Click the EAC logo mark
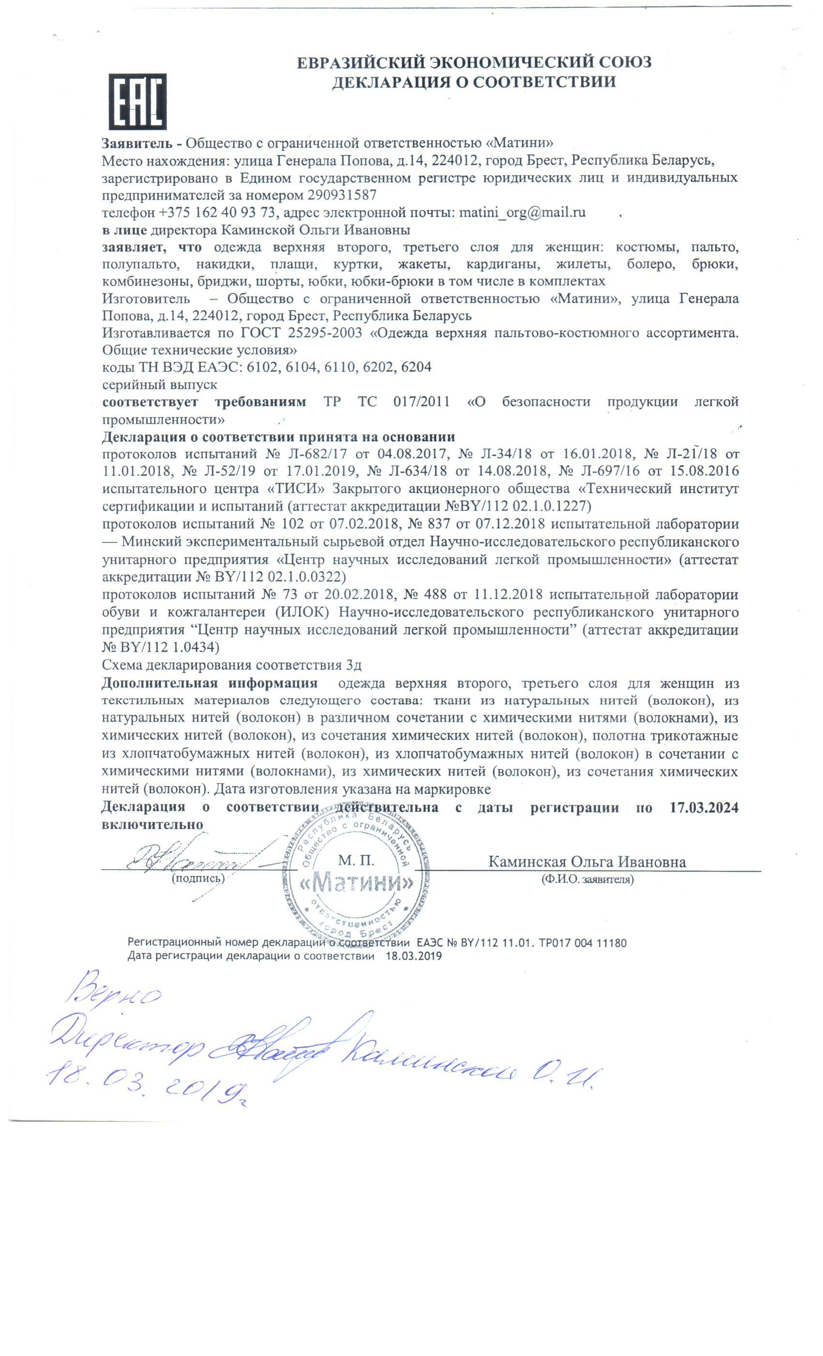coord(137,101)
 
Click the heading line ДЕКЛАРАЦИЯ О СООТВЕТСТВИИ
coord(473,82)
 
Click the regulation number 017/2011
coord(421,402)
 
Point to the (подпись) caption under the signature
coord(198,879)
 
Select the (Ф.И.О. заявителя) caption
coord(587,879)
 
